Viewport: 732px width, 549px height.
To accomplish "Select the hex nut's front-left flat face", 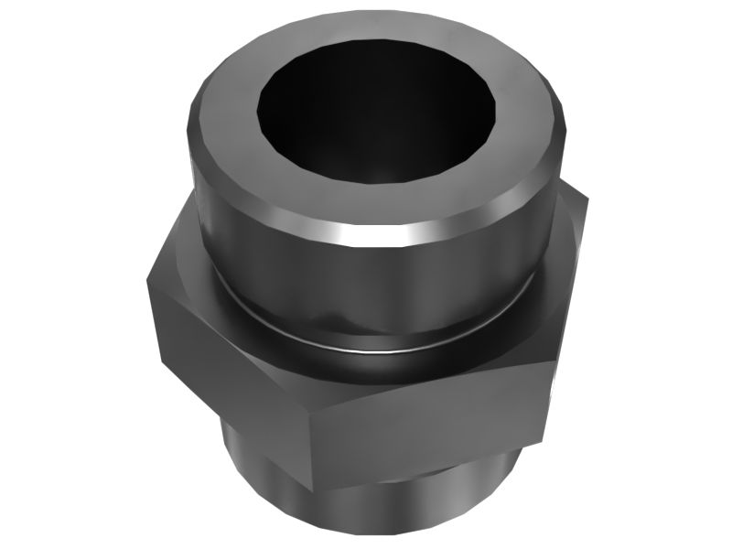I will pyautogui.click(x=229, y=366).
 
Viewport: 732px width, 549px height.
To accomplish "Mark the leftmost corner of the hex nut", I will pyautogui.click(x=146, y=274).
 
